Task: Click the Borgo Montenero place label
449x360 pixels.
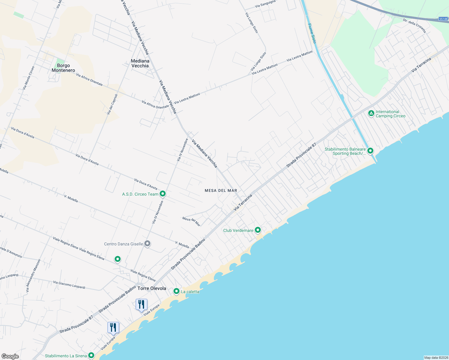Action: coord(63,68)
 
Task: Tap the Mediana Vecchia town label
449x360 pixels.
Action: coord(140,63)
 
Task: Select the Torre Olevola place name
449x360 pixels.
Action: coord(152,288)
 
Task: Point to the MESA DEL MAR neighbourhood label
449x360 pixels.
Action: coord(221,190)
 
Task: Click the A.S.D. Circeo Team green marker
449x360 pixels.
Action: coord(163,194)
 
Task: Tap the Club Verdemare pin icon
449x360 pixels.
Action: coord(258,230)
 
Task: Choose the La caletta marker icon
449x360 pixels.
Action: coord(176,291)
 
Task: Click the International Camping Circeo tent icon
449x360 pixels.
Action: coord(371,113)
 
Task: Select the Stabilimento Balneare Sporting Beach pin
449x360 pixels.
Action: coord(370,151)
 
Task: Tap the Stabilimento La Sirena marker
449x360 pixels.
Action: coord(91,355)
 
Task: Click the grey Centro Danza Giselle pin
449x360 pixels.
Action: coord(147,244)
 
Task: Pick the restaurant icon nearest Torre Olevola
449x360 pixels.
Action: coord(141,304)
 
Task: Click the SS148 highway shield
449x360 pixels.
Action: coord(443,19)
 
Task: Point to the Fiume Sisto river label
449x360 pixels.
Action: coord(312,33)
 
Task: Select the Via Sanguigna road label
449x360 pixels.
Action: coord(265,4)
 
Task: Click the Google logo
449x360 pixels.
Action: coord(10,356)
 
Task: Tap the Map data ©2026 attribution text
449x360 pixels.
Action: coord(436,358)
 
